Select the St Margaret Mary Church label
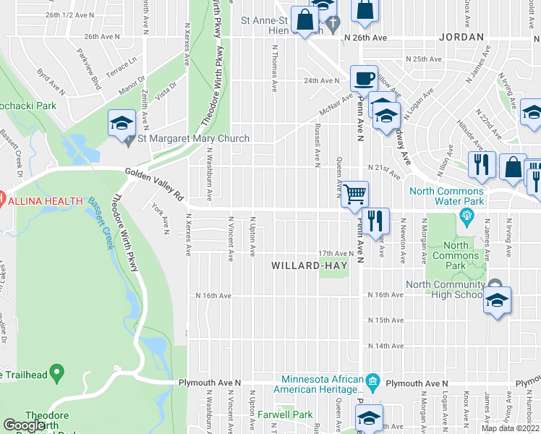193,139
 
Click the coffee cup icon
364,78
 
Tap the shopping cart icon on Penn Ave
354,195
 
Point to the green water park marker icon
467,216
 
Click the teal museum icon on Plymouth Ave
372,380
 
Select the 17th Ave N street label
335,253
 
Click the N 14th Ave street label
385,346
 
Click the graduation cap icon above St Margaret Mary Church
122,123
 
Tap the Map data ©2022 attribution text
510,428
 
